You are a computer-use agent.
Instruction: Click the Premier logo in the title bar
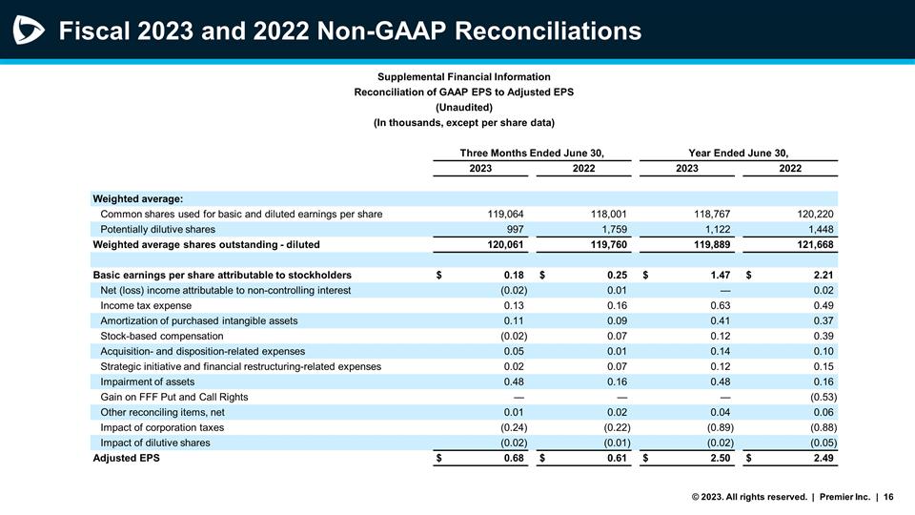pyautogui.click(x=28, y=31)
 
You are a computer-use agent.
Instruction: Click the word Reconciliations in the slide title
pyautogui.click(x=548, y=31)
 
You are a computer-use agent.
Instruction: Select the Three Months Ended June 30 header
pyautogui.click(x=532, y=153)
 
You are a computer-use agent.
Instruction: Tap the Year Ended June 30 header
pyautogui.click(x=738, y=153)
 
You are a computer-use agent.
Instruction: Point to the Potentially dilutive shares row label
pyautogui.click(x=157, y=229)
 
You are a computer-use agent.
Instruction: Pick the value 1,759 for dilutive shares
pyautogui.click(x=608, y=229)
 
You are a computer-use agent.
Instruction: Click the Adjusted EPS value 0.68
pyautogui.click(x=512, y=458)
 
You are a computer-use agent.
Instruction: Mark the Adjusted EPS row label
pyautogui.click(x=126, y=458)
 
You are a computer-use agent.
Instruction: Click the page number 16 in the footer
pyautogui.click(x=888, y=496)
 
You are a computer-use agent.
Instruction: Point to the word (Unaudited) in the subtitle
pyautogui.click(x=463, y=107)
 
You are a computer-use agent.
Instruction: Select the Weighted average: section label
pyautogui.click(x=137, y=198)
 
